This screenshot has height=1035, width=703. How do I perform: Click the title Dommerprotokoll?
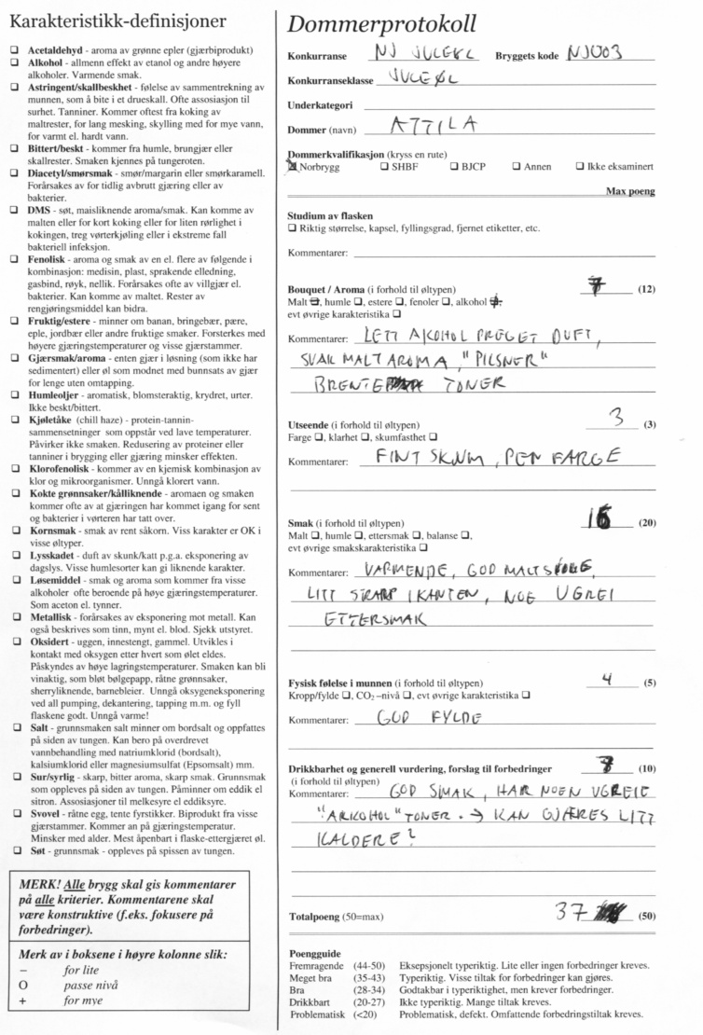(382, 24)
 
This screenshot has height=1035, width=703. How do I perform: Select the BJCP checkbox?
(453, 168)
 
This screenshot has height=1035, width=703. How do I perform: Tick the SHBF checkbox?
(384, 168)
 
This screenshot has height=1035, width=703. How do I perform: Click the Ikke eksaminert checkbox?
(582, 168)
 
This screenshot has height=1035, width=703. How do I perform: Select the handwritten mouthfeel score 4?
(607, 680)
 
